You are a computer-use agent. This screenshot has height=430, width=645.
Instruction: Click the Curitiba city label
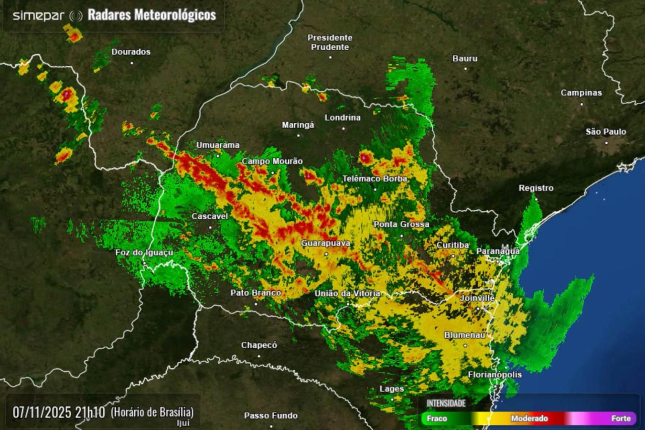click(452, 245)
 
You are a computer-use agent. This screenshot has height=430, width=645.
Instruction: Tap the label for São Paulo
click(606, 131)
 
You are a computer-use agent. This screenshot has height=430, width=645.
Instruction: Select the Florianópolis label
click(494, 375)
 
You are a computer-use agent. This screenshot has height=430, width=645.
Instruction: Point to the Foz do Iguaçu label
click(144, 252)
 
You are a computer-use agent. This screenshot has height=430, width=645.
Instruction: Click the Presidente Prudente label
click(330, 42)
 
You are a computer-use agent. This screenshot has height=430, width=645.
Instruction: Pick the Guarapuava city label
click(325, 243)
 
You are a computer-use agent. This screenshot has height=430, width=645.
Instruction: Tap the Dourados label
click(131, 52)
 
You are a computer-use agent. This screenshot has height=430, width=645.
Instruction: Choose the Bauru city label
click(465, 58)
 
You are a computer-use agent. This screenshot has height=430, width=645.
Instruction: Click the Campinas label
click(581, 93)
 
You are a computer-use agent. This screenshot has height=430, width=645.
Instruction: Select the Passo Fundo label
click(271, 416)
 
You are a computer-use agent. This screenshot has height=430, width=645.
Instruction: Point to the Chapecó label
click(259, 345)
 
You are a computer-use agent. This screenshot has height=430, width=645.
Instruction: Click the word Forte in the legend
click(621, 419)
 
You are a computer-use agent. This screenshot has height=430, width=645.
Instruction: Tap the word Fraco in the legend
click(437, 419)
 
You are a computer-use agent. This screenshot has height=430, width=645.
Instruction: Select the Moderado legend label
click(529, 419)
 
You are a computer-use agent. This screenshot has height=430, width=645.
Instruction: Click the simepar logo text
click(38, 16)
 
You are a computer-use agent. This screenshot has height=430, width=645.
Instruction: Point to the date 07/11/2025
click(42, 412)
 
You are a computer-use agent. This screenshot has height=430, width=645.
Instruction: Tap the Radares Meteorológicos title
click(152, 15)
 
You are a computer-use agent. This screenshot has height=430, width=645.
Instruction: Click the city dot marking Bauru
click(465, 68)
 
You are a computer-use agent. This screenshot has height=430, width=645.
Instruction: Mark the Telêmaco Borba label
click(375, 179)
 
